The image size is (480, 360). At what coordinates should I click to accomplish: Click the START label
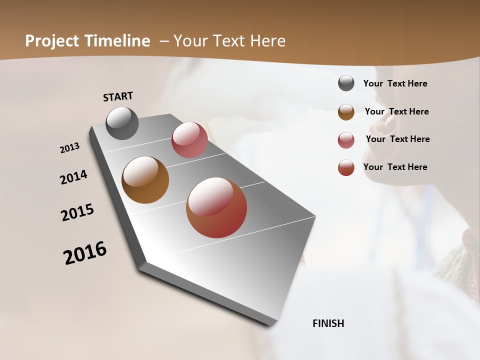118,96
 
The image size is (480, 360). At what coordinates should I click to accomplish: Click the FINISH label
328,323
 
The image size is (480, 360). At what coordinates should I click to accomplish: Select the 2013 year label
70,148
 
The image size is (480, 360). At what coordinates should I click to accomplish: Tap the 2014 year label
74,177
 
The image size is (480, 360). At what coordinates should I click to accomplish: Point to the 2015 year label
77,212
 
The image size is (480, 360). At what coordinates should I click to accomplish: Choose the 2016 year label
85,252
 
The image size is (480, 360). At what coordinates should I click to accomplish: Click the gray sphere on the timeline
122,123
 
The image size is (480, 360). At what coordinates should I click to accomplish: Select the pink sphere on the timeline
189,140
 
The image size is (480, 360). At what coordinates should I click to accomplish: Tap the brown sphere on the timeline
145,180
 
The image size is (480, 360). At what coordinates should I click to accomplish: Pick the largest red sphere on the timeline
216,207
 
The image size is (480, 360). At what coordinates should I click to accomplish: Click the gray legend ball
346,83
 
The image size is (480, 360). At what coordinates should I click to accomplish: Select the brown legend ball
346,112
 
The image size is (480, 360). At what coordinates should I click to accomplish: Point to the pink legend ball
346,140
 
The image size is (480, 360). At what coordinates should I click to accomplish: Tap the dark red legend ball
346,167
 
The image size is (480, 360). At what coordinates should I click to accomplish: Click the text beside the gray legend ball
395,83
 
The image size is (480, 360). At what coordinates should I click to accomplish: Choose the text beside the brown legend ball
396,111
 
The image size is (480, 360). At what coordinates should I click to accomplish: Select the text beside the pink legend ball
397,139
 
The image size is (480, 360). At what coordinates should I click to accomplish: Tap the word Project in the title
52,41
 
